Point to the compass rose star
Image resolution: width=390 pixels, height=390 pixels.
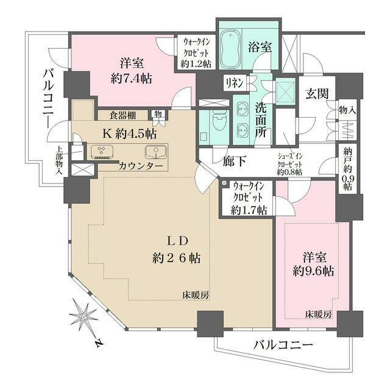click(x=83, y=316)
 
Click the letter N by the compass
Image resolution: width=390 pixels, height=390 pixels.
click(x=97, y=344)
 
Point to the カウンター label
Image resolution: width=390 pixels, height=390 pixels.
click(x=141, y=166)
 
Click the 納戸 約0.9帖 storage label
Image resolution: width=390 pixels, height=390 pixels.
click(x=347, y=169)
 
